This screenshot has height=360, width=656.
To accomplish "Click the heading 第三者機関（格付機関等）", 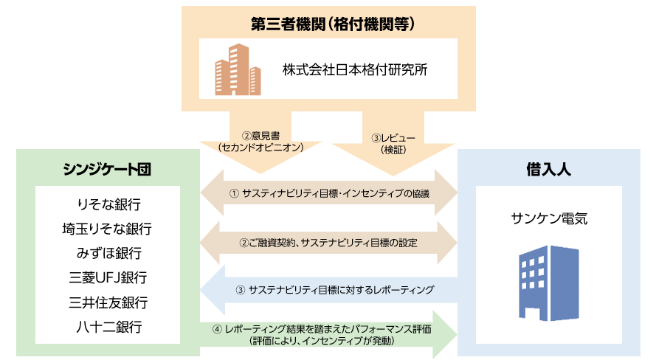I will point(329,23).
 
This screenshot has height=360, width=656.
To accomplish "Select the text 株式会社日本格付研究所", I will point(355,71).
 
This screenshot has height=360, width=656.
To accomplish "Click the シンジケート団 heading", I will point(108,168).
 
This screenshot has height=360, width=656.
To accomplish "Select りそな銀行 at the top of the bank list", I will point(108,204).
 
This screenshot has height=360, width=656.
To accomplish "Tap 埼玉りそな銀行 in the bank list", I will point(108,229).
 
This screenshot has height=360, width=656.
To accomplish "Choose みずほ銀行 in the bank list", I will point(108,253).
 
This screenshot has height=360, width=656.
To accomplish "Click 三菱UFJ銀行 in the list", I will point(108,277).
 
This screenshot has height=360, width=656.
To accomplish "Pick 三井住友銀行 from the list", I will point(108,302).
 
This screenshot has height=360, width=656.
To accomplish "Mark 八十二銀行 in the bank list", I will point(108,326).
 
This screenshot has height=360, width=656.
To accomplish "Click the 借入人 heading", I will point(549,169).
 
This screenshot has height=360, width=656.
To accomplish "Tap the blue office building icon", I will point(549,277).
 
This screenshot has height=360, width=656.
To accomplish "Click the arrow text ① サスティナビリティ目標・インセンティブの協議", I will point(329,193).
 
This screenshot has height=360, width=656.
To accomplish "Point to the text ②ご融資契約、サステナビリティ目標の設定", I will point(329,242).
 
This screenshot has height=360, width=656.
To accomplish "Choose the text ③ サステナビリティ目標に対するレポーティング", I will point(334,290).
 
